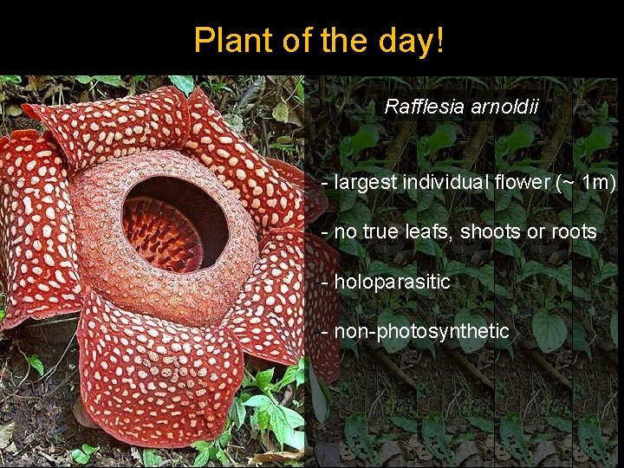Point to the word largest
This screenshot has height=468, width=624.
tap(364, 183)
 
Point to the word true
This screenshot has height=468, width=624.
tap(379, 232)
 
